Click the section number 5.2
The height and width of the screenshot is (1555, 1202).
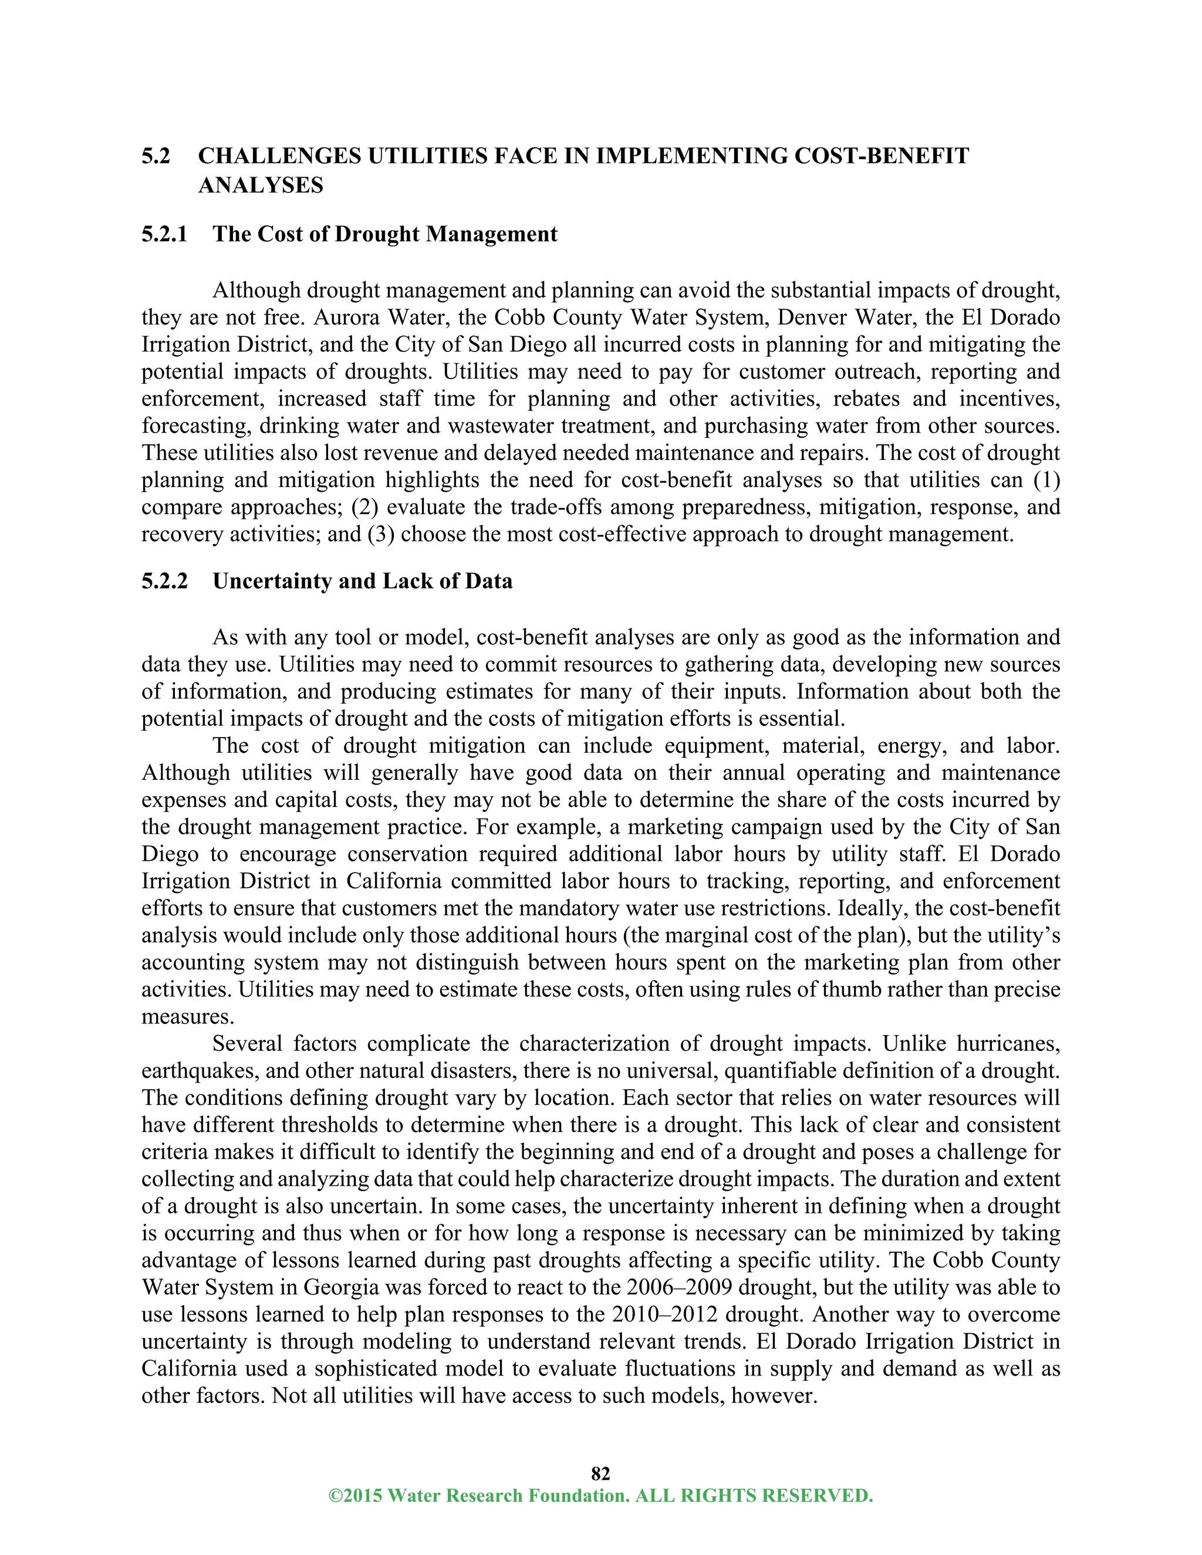pos(156,156)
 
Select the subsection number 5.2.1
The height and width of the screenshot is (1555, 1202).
pos(164,234)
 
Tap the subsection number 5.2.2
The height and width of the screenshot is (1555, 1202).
pos(164,581)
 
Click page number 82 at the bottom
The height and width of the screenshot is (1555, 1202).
pos(600,1473)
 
